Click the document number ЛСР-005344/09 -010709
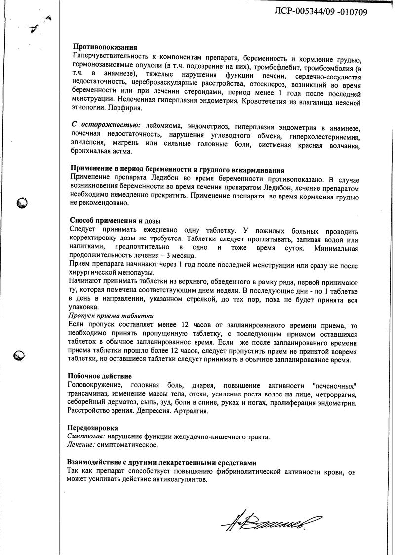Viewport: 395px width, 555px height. coord(320,12)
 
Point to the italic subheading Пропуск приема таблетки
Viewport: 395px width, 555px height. coord(111,316)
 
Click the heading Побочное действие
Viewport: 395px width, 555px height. coord(100,376)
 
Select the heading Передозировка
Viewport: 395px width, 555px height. coord(92,428)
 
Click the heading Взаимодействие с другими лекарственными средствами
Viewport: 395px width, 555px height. coord(162,463)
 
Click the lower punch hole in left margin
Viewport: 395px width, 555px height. coord(20,354)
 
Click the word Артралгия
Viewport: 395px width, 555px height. coord(191,411)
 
